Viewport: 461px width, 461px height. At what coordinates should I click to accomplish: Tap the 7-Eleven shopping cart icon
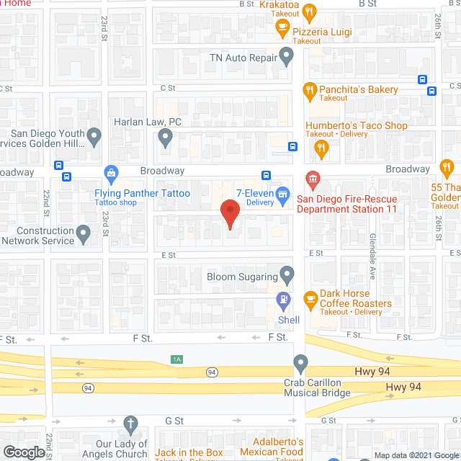point(284,194)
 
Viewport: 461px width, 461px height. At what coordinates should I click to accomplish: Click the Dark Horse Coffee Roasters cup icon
point(310,298)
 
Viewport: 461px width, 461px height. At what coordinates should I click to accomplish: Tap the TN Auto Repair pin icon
point(287,55)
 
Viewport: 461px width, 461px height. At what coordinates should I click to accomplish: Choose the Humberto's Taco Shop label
point(357,125)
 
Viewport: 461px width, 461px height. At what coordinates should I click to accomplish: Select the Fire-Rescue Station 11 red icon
point(312,178)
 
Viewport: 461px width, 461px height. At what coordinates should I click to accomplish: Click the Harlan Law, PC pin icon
point(166,137)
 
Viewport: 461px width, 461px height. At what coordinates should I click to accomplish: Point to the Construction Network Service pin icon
point(84,233)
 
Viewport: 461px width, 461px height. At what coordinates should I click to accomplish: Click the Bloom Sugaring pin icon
point(287,274)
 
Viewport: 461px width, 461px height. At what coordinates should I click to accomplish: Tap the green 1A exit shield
point(176,359)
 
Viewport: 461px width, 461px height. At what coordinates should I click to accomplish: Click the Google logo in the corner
point(23,452)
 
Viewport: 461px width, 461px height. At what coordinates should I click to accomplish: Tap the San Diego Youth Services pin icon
point(94,135)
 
